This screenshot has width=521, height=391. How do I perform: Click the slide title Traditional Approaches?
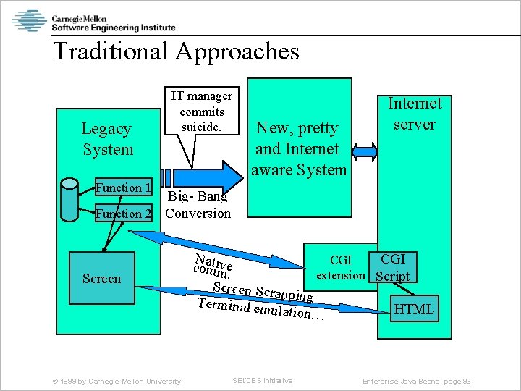click(176, 51)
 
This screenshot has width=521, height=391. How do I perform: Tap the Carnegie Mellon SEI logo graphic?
click(29, 21)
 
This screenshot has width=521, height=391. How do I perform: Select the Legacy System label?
click(107, 139)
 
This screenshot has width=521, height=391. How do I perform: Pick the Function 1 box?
click(124, 188)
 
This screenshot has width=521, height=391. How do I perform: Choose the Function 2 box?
click(124, 214)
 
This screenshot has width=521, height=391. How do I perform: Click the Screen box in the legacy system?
click(102, 279)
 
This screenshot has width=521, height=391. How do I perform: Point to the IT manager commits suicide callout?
click(202, 112)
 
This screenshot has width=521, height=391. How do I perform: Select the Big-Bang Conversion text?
click(198, 205)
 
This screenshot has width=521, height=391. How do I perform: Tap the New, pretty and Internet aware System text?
click(300, 149)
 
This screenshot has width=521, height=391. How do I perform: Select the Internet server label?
click(415, 114)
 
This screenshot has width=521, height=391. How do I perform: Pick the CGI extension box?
click(340, 267)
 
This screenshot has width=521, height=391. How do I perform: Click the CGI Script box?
click(393, 267)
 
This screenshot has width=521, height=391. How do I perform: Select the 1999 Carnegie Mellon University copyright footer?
click(112, 381)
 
